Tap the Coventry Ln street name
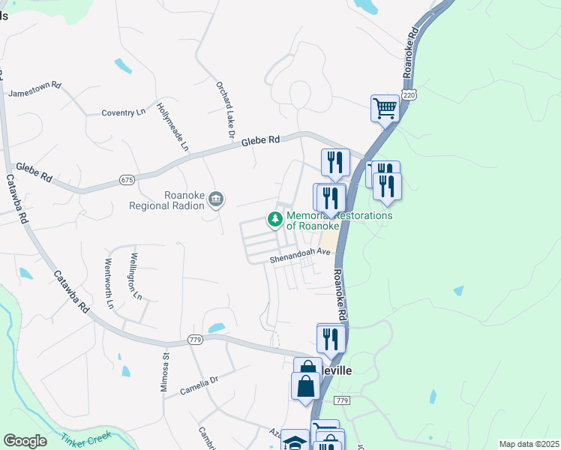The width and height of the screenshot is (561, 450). (x=124, y=112)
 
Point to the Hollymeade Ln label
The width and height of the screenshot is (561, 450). (x=172, y=127)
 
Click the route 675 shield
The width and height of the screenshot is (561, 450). (x=127, y=180)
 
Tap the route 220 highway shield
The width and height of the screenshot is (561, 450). (x=408, y=94)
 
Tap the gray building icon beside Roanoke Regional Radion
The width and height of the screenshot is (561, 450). (x=216, y=199)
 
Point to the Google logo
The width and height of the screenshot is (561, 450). (x=25, y=441)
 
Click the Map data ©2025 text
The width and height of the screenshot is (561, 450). (x=528, y=444)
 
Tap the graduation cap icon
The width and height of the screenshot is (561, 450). (x=295, y=441)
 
